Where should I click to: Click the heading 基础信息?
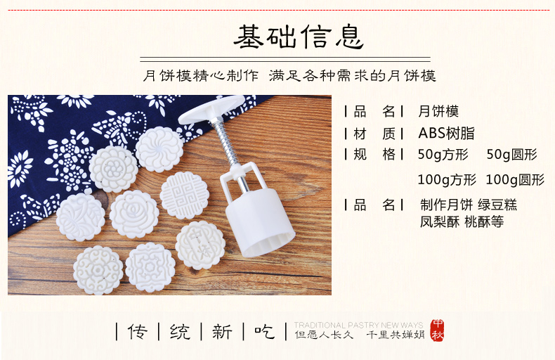pyautogui.click(x=299, y=37)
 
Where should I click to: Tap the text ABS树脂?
pyautogui.click(x=446, y=133)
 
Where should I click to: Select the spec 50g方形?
pyautogui.click(x=443, y=155)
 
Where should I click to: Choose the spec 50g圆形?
pyautogui.click(x=512, y=155)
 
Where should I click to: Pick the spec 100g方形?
pyautogui.click(x=447, y=179)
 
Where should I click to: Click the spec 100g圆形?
pyautogui.click(x=515, y=179)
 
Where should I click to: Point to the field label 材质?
pyautogui.click(x=374, y=134)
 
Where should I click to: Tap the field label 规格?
pyautogui.click(x=374, y=155)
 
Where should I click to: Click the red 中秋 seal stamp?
pyautogui.click(x=438, y=330)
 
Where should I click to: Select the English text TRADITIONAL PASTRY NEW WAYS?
pyautogui.click(x=358, y=325)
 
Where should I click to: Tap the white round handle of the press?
pyautogui.click(x=211, y=110)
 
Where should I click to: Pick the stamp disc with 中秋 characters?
pyautogui.click(x=200, y=245)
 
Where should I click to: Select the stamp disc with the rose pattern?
pyautogui.click(x=134, y=214)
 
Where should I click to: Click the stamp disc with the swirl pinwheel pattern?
pyautogui.click(x=159, y=149)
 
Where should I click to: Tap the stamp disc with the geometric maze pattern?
pyautogui.click(x=184, y=195)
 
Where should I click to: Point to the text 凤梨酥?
pyautogui.click(x=440, y=222)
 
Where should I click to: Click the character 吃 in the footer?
pyautogui.click(x=264, y=332)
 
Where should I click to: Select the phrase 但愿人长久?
pyautogui.click(x=325, y=335)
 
